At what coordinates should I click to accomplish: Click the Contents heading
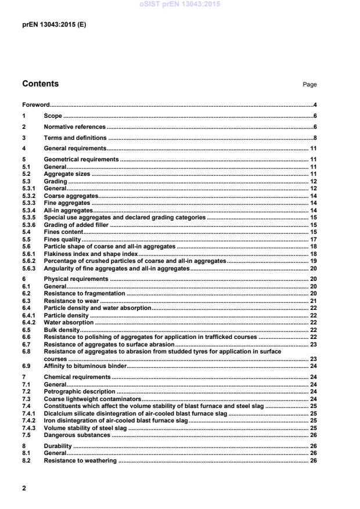[x=41, y=84]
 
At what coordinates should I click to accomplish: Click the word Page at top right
[x=309, y=85]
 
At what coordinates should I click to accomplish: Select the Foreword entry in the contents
[x=35, y=105]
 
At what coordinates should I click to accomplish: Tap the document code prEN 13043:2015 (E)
[x=54, y=25]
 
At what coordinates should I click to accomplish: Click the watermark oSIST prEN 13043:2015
[x=179, y=4]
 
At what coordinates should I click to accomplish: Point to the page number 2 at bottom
[x=24, y=488]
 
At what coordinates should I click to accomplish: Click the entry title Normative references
[x=75, y=127]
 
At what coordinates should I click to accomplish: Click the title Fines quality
[x=63, y=239]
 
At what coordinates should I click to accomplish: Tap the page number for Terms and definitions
[x=314, y=138]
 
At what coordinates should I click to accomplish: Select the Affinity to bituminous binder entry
[x=85, y=366]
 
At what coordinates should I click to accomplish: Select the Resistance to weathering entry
[x=80, y=460]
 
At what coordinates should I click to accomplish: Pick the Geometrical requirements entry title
[x=81, y=159]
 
